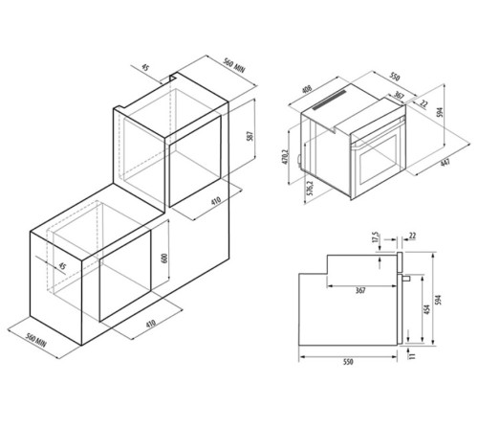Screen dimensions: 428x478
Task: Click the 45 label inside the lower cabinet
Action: [63, 265]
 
